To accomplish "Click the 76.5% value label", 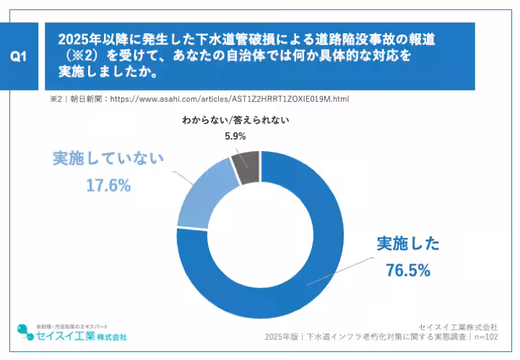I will pos(408,271).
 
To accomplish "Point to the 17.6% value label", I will pos(108,186).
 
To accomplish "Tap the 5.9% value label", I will pos(235,136).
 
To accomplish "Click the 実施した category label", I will pos(408,244).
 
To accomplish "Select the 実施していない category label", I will pos(108,158).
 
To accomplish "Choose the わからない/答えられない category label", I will pos(235,120).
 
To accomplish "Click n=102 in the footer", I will pos(485,337).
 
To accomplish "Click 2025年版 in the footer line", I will pos(281,337).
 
